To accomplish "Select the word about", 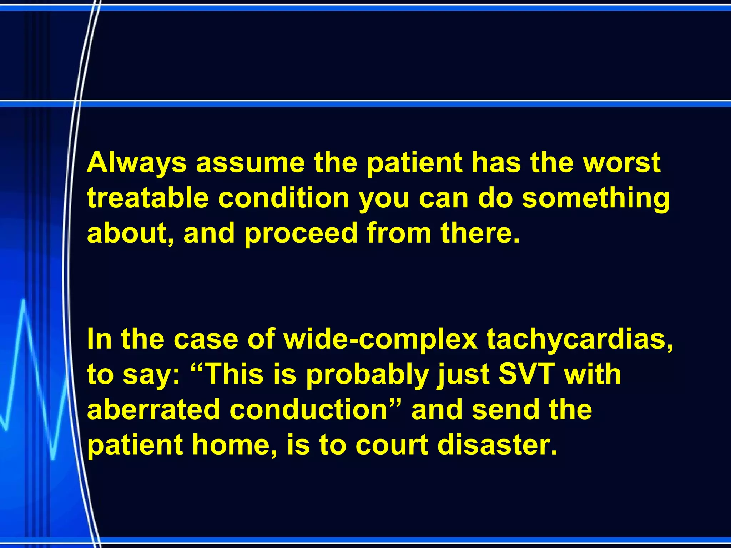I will pos(131,233).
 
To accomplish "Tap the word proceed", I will pos(301,233).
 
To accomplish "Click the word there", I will pos(480,233).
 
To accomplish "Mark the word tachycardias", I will pos(580,339).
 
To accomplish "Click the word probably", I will pos(368,374).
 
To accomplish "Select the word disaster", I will pos(497,445).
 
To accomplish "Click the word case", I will pos(206,339).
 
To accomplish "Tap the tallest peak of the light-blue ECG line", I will pos(24,300).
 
